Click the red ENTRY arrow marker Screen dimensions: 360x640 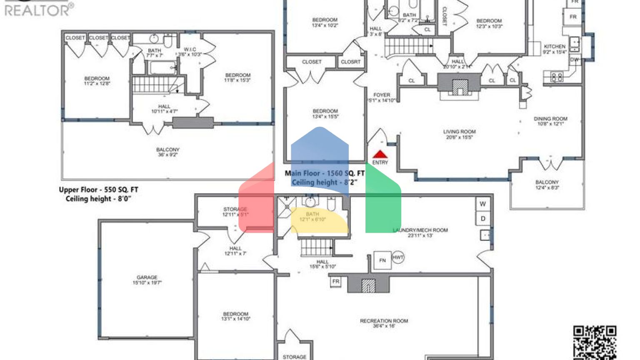[x=380, y=155]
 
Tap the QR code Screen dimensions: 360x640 [x=595, y=342]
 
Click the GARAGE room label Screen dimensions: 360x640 [x=147, y=280]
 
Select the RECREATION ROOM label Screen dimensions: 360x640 [x=384, y=323]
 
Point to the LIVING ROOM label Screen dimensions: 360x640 [x=459, y=134]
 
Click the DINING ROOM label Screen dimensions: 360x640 [x=550, y=121]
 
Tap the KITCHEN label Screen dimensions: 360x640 [x=555, y=49]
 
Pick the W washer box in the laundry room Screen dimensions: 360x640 [x=482, y=204]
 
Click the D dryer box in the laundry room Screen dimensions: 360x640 [x=483, y=218]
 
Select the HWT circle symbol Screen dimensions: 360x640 [x=398, y=257]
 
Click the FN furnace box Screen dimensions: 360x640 [x=382, y=260]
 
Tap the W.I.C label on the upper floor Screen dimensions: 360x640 [x=190, y=52]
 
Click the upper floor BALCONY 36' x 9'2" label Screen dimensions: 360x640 [x=167, y=152]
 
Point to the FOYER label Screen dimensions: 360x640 [x=382, y=97]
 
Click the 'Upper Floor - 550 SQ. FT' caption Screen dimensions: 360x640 [x=98, y=190]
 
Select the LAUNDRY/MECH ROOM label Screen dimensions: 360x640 [x=420, y=232]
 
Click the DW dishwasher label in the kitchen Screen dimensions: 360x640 [x=574, y=60]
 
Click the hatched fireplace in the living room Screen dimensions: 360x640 [x=460, y=87]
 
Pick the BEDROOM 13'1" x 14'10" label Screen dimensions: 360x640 [x=236, y=316]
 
